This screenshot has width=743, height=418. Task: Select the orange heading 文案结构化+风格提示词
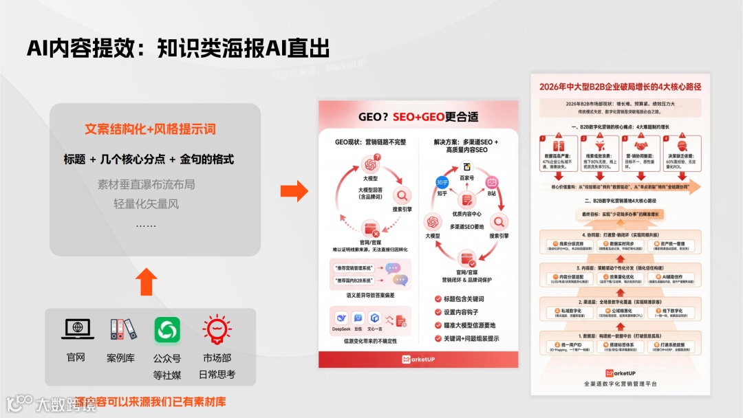coord(149,129)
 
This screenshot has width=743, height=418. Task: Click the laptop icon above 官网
coord(77,329)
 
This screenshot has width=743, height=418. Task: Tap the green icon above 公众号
coord(167,329)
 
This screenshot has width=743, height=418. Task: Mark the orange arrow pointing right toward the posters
coord(294,192)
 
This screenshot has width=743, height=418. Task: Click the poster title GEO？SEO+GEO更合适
coord(418,117)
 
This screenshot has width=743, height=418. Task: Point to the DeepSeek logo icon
coord(341,318)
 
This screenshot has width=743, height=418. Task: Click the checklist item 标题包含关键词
coord(469,299)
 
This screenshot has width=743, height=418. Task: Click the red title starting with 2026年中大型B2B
coord(620,87)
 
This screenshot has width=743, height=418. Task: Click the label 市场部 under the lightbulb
coord(217,358)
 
